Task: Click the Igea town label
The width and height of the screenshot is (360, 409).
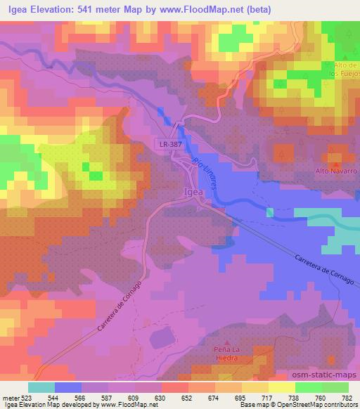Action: point(193,190)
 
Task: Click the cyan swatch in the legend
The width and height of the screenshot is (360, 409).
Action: point(41,387)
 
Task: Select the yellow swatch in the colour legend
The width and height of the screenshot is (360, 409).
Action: point(281,387)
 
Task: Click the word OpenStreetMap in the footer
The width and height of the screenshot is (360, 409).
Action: point(304,405)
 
